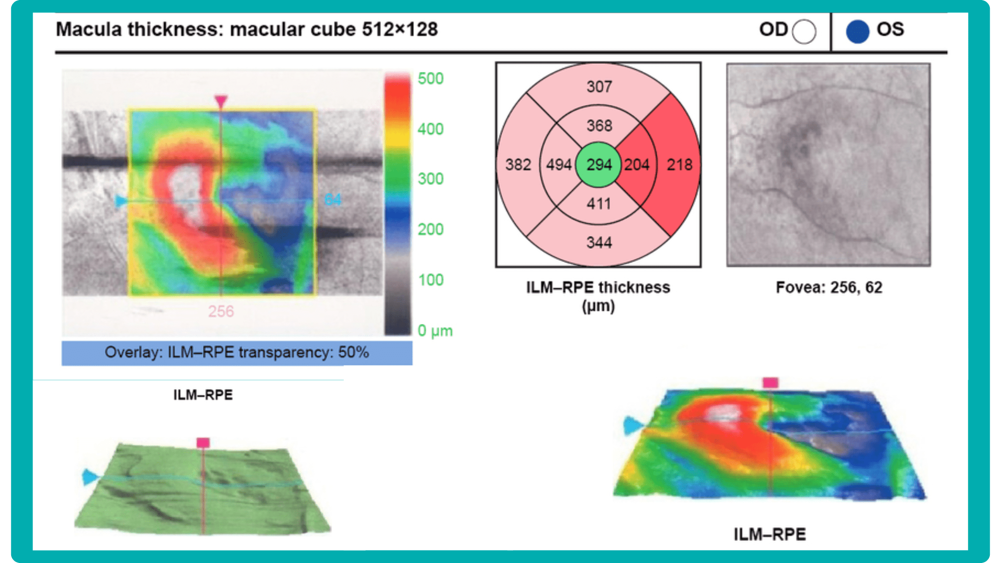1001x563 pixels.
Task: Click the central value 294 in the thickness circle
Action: click(x=599, y=165)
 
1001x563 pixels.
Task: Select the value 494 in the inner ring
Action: click(x=559, y=165)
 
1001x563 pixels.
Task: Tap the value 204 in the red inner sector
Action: click(x=636, y=165)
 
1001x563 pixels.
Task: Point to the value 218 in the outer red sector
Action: click(x=679, y=165)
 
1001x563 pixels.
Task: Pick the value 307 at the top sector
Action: click(x=599, y=86)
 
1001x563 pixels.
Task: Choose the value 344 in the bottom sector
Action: click(x=599, y=243)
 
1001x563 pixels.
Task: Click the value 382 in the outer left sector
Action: click(x=518, y=165)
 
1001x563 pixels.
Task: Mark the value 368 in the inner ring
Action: click(x=599, y=126)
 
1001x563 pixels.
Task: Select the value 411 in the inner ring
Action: click(x=599, y=204)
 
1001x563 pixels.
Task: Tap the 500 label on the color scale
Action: click(x=430, y=79)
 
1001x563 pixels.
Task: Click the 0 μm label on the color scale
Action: click(x=435, y=331)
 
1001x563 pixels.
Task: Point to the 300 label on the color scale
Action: click(x=430, y=179)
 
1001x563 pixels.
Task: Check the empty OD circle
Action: click(x=804, y=31)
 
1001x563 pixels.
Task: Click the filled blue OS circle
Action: click(x=858, y=31)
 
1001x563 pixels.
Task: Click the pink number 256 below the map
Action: click(x=221, y=311)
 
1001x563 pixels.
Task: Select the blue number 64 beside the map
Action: click(x=333, y=199)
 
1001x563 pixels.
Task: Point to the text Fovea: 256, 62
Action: click(x=829, y=287)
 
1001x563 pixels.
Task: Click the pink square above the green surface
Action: click(x=203, y=442)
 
